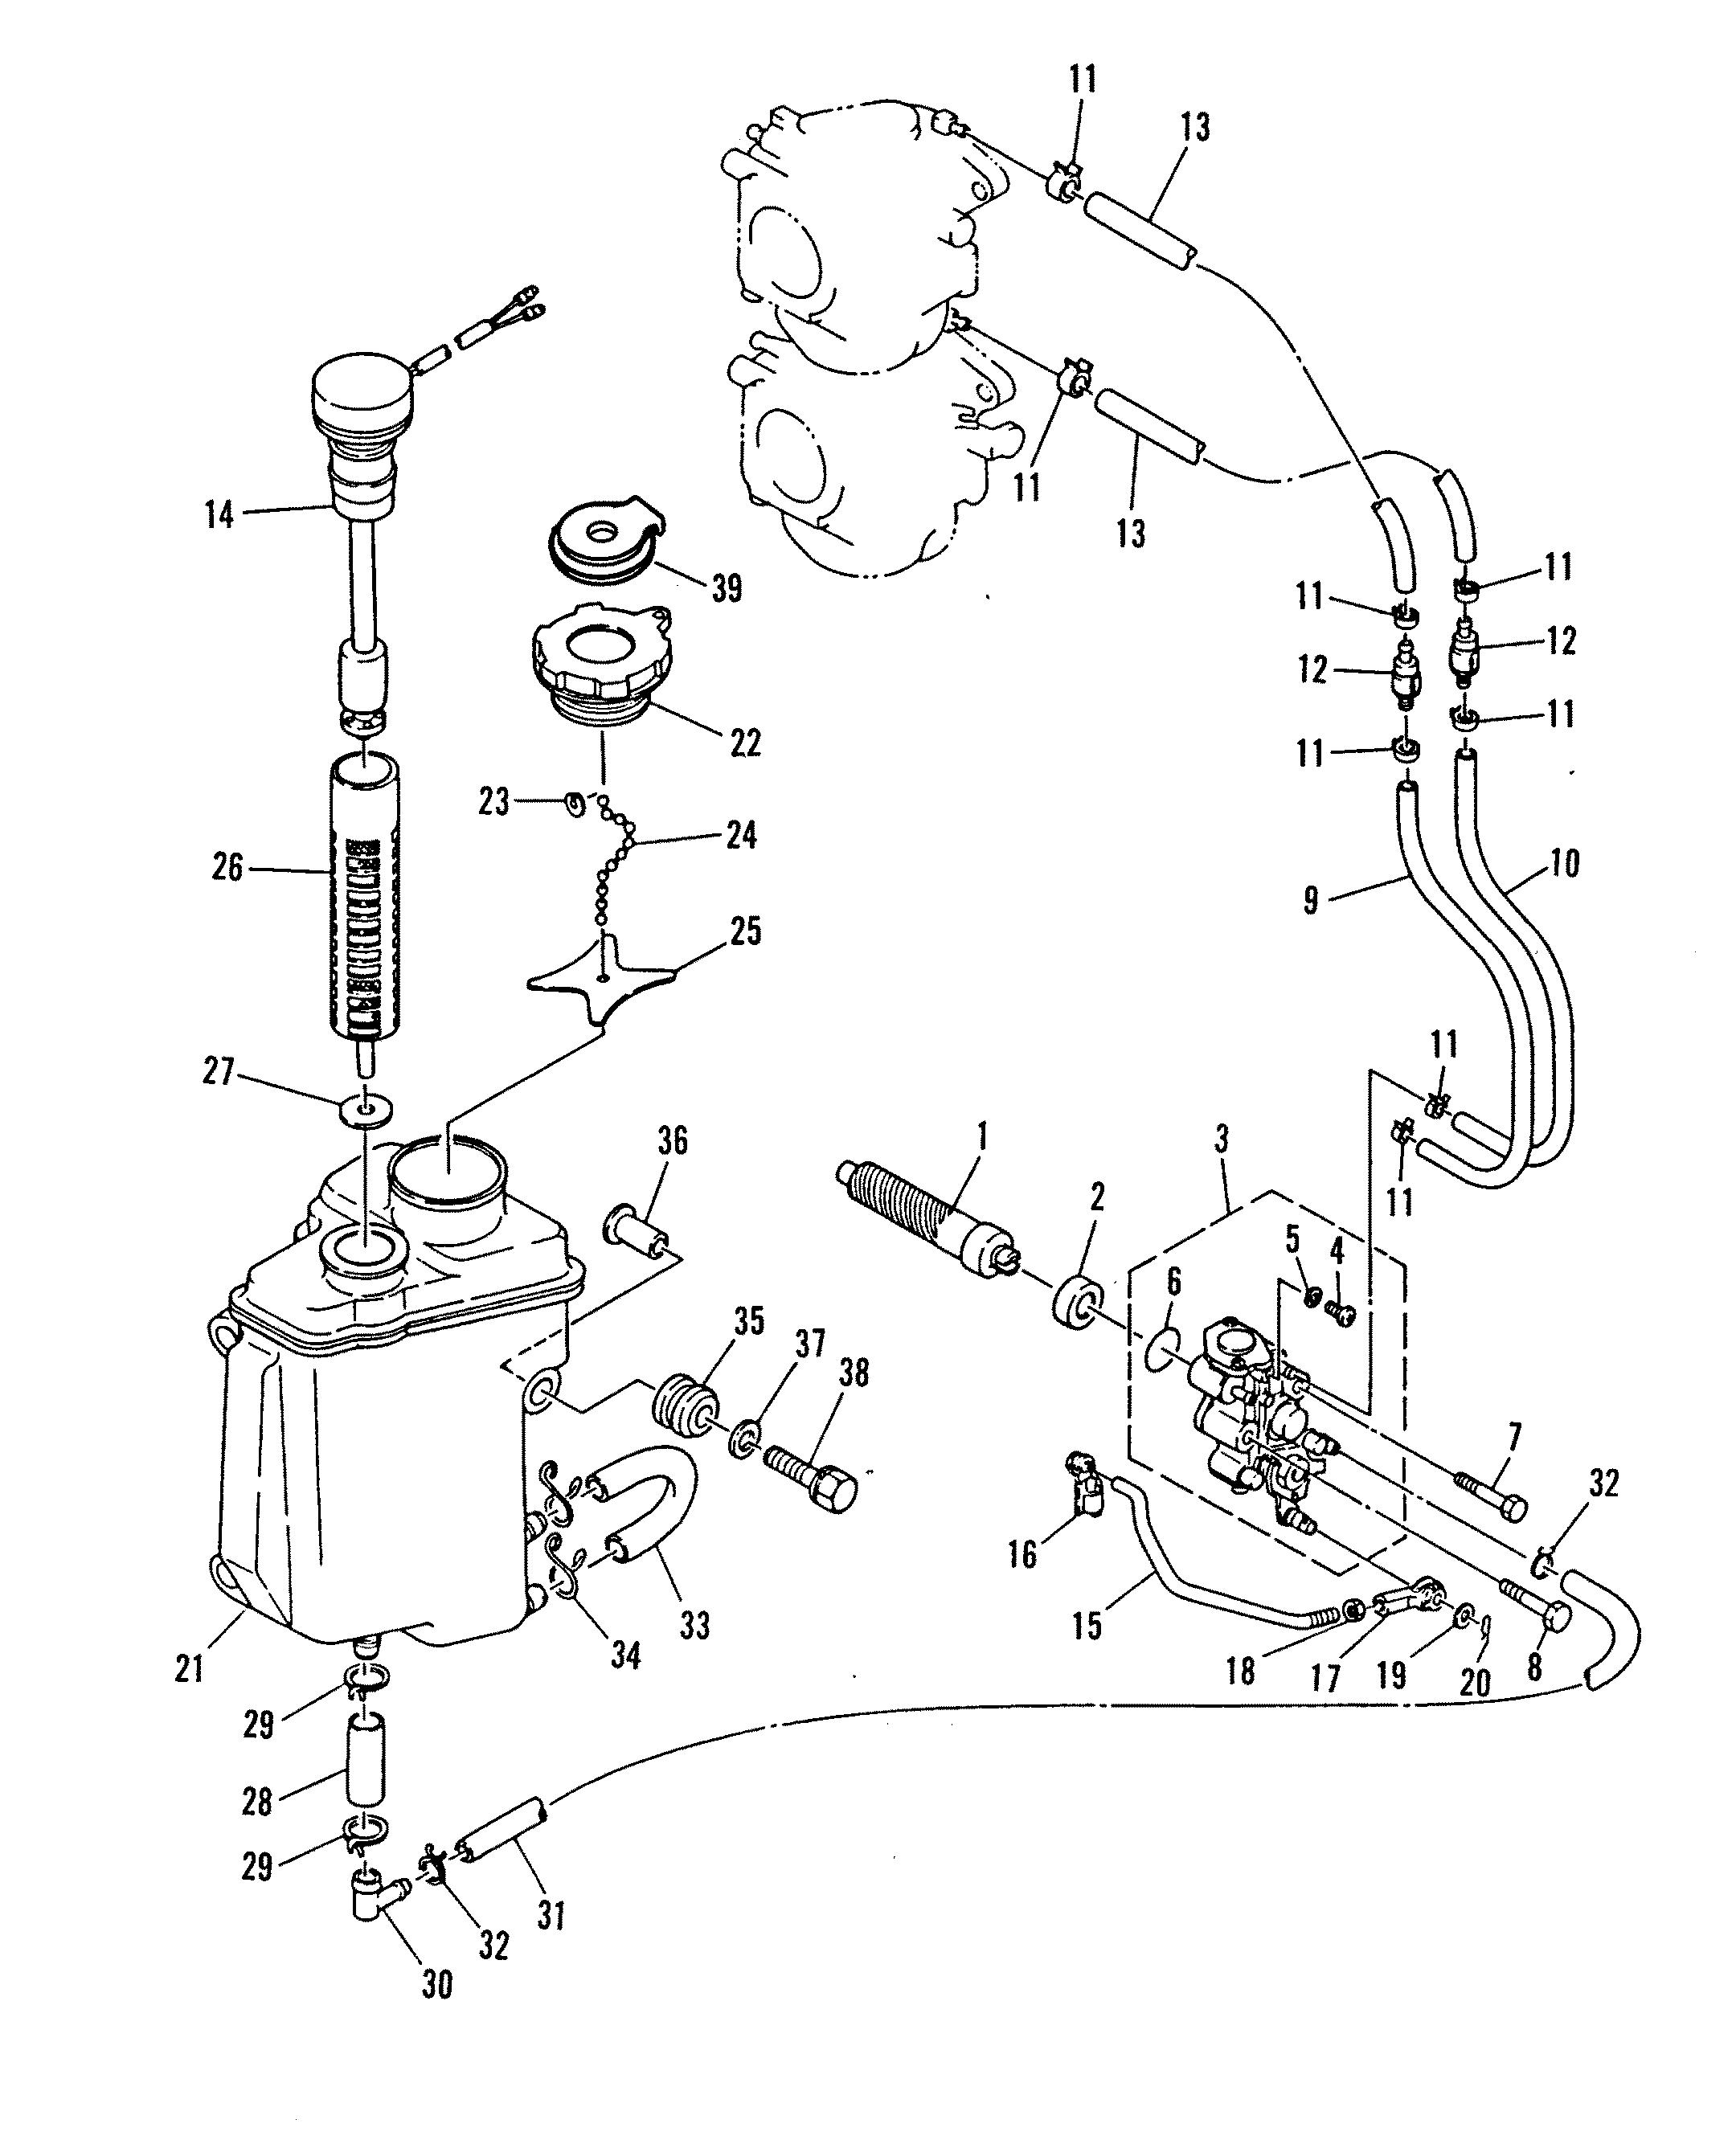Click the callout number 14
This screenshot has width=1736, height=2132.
(x=218, y=515)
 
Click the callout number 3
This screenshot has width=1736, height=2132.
(x=1221, y=1139)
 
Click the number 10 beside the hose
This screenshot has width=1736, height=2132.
(x=1564, y=863)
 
